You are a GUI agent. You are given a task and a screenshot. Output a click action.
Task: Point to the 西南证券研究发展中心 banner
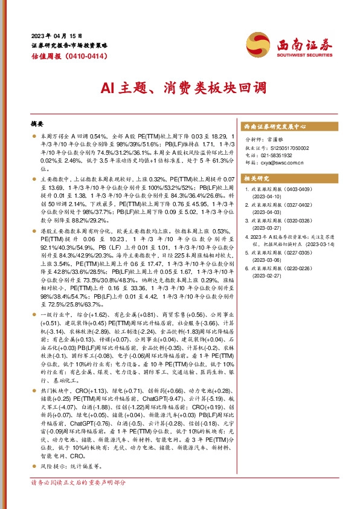coord(275,127)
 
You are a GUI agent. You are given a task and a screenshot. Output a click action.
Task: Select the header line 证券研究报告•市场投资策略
coord(69,45)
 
